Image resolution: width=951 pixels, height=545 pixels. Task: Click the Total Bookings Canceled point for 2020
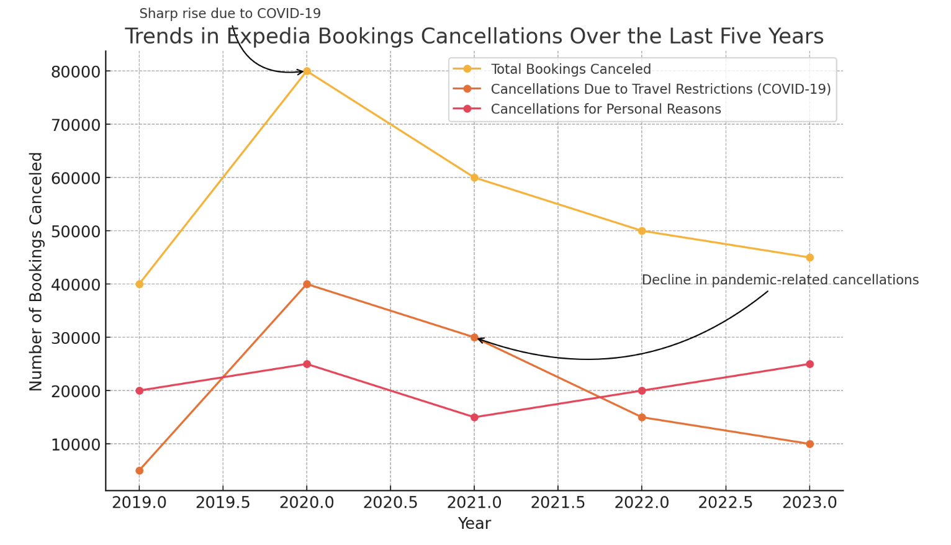[307, 71]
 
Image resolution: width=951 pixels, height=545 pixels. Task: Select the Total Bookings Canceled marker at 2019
[139, 284]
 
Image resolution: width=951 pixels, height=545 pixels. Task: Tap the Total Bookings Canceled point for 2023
[809, 258]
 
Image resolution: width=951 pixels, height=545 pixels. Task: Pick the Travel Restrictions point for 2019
[139, 471]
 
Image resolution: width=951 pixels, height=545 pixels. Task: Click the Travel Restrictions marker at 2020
[307, 284]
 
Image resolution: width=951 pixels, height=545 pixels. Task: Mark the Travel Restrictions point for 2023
[809, 444]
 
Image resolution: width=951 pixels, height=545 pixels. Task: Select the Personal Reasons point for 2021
[474, 417]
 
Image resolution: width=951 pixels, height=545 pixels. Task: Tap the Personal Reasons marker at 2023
[809, 364]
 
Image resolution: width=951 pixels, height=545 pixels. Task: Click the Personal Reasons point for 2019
[139, 390]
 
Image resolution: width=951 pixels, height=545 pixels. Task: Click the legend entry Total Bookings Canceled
[570, 70]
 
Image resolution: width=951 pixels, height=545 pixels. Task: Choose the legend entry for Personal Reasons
[605, 109]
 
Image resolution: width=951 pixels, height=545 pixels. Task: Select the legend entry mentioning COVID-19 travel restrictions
[660, 89]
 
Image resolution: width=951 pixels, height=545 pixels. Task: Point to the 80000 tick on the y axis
[74, 72]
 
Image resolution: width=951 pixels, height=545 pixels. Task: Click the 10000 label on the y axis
[74, 444]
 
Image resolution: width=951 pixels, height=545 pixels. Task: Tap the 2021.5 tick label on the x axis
[557, 502]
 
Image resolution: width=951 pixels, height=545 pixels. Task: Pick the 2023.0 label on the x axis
[809, 502]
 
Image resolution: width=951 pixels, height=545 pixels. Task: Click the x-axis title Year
[474, 524]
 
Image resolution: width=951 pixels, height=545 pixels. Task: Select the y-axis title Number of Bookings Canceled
[36, 271]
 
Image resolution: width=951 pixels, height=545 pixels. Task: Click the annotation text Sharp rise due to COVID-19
[230, 14]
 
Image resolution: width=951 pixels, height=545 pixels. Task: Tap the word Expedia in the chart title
[269, 37]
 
